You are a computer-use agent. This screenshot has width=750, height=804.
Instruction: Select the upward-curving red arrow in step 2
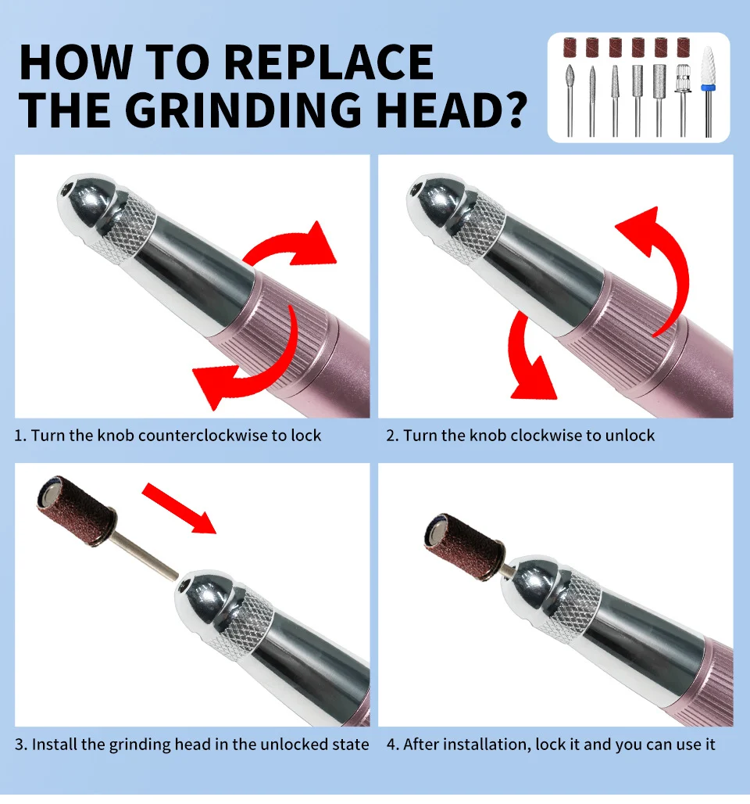[661, 258]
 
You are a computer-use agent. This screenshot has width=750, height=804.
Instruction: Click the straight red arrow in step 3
[180, 507]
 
